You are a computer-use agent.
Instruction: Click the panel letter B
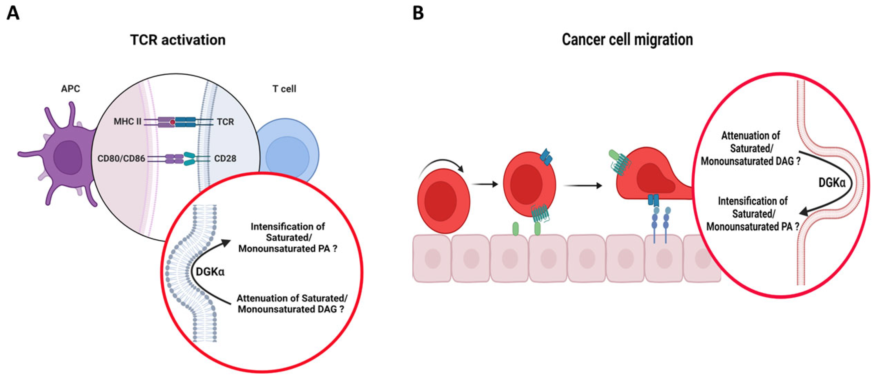click(x=418, y=13)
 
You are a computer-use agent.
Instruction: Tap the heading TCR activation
click(x=178, y=40)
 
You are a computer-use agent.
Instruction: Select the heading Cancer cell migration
click(x=627, y=40)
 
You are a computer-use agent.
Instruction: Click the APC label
click(x=71, y=89)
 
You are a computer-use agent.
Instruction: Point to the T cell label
click(x=284, y=89)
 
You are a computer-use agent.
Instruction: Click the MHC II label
click(x=127, y=121)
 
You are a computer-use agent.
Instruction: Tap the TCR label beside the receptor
click(x=225, y=122)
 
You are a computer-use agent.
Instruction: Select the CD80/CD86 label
click(x=121, y=158)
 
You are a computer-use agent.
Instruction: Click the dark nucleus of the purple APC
click(x=68, y=158)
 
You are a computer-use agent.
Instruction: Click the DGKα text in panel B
click(x=832, y=183)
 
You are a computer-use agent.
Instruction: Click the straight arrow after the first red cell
click(x=485, y=184)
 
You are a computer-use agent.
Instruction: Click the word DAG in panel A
click(x=327, y=309)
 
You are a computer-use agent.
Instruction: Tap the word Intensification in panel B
click(x=753, y=201)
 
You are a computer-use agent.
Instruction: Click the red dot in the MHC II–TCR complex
click(x=173, y=122)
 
